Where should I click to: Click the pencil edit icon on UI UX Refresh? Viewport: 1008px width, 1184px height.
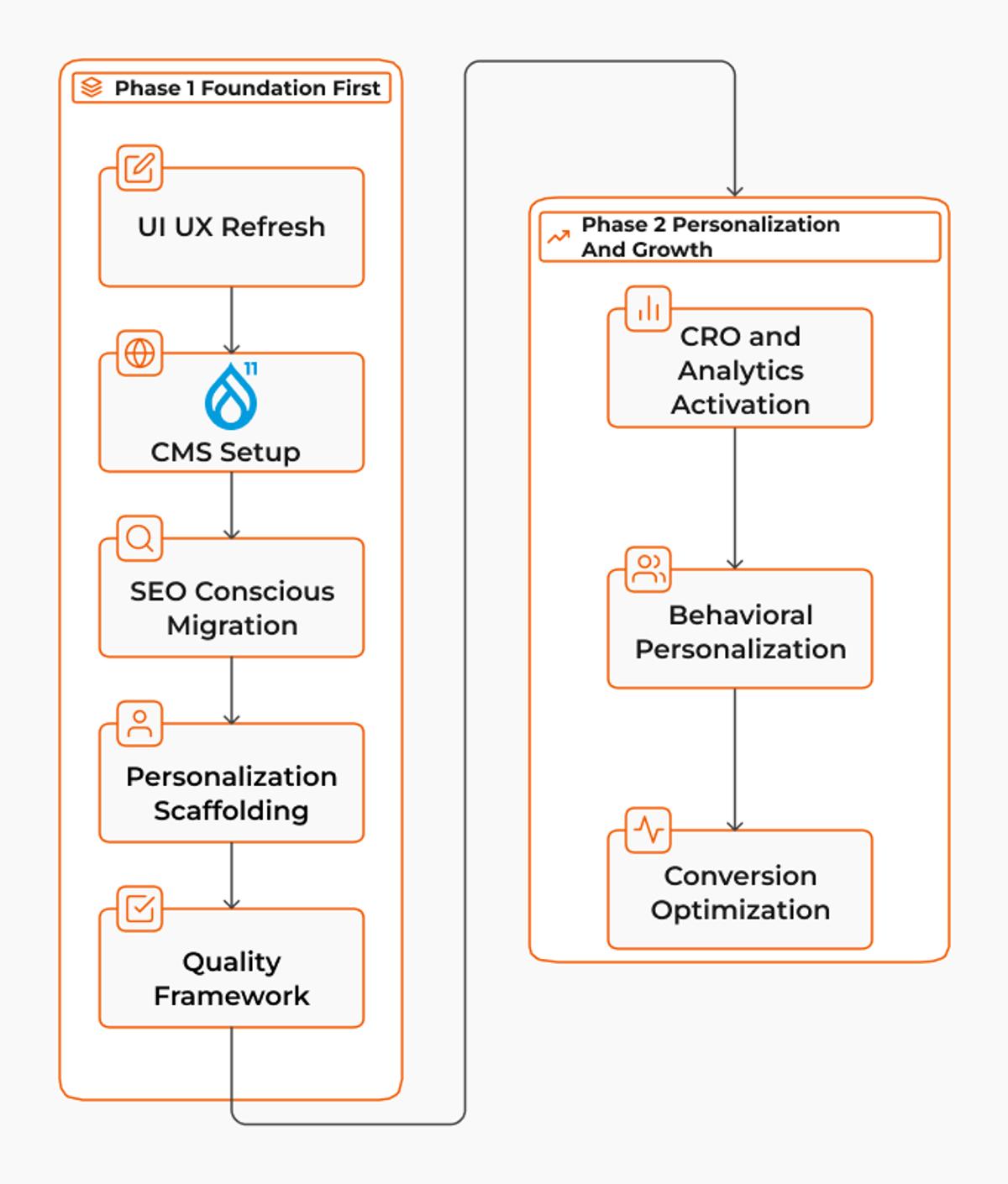click(x=139, y=168)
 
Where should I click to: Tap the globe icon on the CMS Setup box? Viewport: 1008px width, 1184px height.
click(x=139, y=353)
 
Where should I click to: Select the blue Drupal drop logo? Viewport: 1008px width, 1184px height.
click(x=232, y=396)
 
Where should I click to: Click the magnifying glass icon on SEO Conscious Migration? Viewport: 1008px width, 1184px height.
click(x=139, y=538)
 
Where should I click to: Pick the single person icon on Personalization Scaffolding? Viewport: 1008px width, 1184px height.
click(x=139, y=724)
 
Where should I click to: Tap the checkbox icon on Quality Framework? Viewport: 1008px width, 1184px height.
click(x=139, y=909)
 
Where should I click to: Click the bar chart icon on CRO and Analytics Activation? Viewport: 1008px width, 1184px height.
click(x=648, y=309)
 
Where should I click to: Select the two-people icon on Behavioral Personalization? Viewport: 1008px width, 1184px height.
click(x=648, y=569)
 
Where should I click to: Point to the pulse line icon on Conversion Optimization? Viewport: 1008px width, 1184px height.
click(x=648, y=830)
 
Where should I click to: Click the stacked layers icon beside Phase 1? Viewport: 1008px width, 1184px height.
click(x=92, y=87)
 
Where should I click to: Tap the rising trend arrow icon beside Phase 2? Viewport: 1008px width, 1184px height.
click(x=558, y=237)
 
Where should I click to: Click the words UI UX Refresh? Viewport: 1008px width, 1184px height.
click(x=232, y=227)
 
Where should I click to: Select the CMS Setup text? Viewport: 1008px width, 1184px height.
click(x=226, y=453)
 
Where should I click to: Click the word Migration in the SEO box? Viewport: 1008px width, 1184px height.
click(x=232, y=626)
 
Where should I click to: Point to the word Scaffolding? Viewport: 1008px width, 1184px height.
click(x=232, y=811)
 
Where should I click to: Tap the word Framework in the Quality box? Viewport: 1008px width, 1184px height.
click(x=232, y=996)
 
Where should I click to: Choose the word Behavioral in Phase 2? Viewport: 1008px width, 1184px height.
click(x=740, y=616)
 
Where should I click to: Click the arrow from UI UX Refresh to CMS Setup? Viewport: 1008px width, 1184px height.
click(x=232, y=320)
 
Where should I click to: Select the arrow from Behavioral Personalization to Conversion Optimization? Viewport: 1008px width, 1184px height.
click(x=735, y=760)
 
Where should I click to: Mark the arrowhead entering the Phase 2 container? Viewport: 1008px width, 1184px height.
click(x=735, y=191)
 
